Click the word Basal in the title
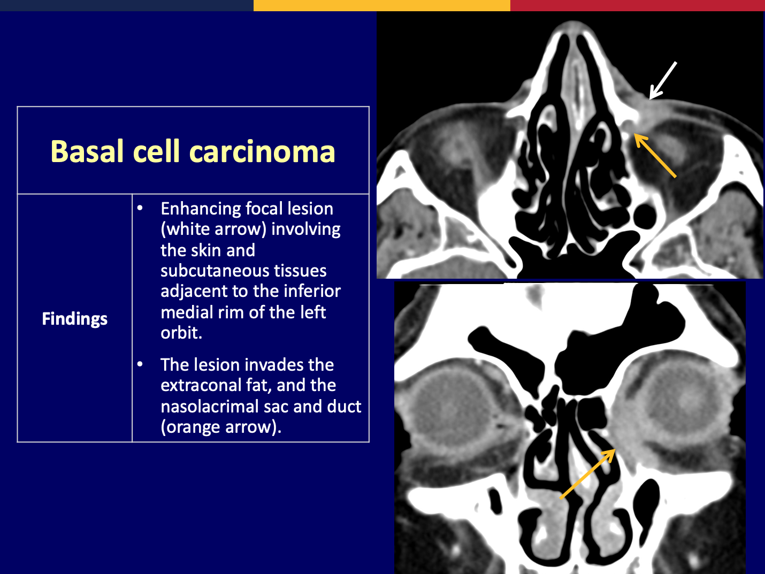click(87, 151)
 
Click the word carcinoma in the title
click(262, 151)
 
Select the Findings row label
click(74, 319)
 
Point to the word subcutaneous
click(243, 271)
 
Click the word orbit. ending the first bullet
click(181, 333)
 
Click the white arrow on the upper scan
click(663, 81)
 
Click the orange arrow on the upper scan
click(655, 156)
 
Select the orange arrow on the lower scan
click(587, 473)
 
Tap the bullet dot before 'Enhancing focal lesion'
click(140, 209)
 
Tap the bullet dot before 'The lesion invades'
click(140, 364)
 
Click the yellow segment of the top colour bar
click(381, 5)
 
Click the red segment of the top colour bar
click(638, 5)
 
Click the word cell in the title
click(157, 151)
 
